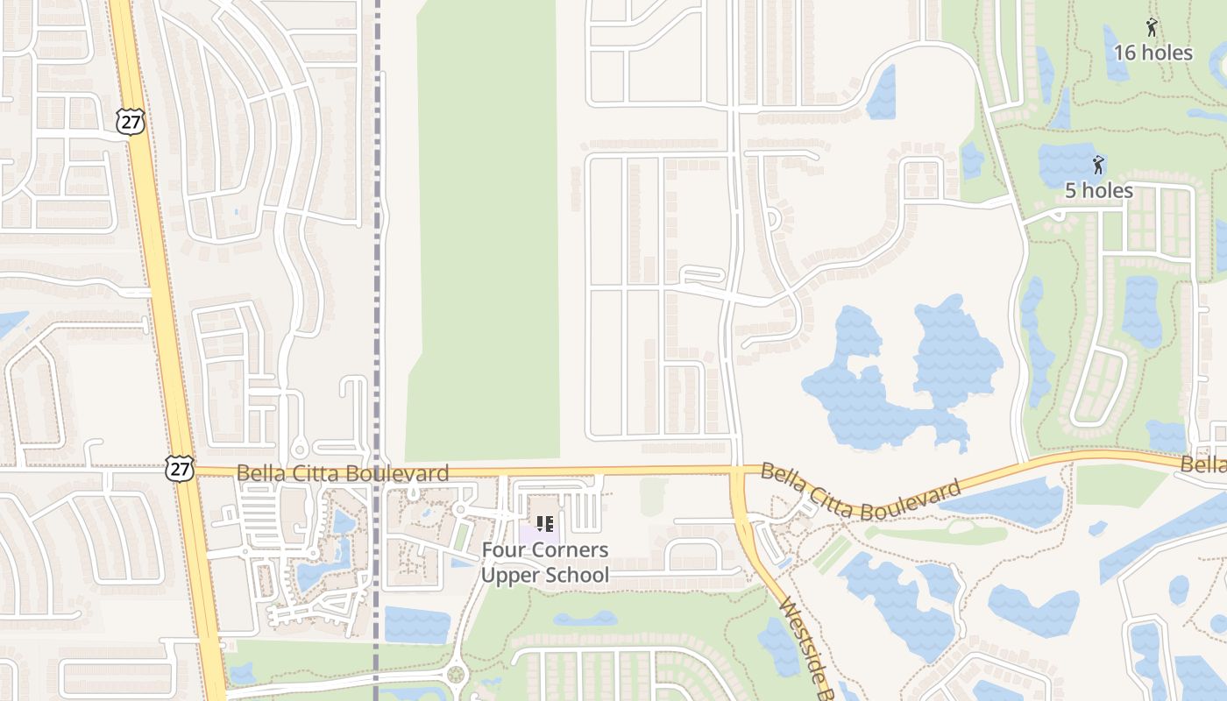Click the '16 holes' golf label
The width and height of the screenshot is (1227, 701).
(1153, 53)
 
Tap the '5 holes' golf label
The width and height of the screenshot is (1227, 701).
(1098, 190)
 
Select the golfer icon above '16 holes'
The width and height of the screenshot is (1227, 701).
(1152, 28)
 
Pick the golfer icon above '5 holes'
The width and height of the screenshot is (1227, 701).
(1097, 164)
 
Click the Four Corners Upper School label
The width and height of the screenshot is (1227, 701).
(544, 563)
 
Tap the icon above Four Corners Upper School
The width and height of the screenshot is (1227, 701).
(544, 524)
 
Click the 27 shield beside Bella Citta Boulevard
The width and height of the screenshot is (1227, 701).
(179, 468)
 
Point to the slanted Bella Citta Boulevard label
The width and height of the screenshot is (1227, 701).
(861, 492)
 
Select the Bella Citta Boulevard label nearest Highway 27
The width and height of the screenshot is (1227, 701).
(343, 474)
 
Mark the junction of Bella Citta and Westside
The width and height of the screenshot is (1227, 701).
(737, 472)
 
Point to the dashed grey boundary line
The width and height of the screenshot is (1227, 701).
(379, 263)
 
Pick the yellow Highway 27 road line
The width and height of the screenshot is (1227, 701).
(158, 263)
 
